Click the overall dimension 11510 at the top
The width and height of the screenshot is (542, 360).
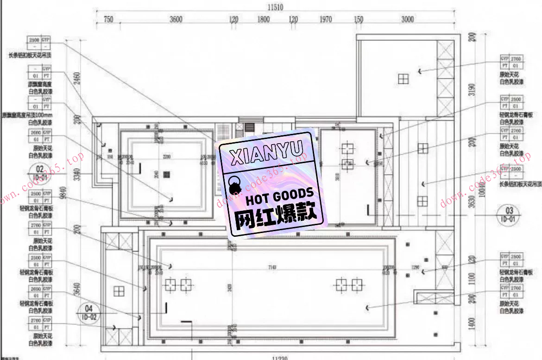pyautogui.click(x=275, y=7)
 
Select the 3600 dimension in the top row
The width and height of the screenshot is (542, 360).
pyautogui.click(x=176, y=19)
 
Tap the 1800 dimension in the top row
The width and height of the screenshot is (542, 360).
pyautogui.click(x=264, y=19)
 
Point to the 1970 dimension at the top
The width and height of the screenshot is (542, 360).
pyautogui.click(x=326, y=19)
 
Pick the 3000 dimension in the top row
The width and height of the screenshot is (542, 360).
pyautogui.click(x=408, y=19)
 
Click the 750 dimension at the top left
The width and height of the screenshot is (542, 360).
pyautogui.click(x=108, y=19)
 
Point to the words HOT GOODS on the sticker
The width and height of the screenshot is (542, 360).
pyautogui.click(x=279, y=196)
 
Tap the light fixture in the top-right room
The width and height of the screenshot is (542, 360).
pyautogui.click(x=403, y=79)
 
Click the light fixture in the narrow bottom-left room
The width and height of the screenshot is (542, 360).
pyautogui.click(x=119, y=291)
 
